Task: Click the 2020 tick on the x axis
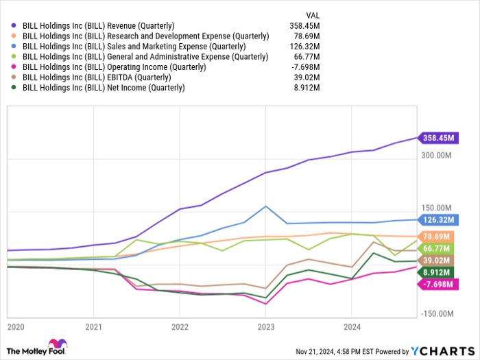tap(14, 327)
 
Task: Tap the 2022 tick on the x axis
tap(179, 327)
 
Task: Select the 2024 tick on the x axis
tap(352, 327)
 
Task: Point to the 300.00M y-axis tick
tap(436, 156)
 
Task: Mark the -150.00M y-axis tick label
tap(436, 313)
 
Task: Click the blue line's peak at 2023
tap(265, 206)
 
